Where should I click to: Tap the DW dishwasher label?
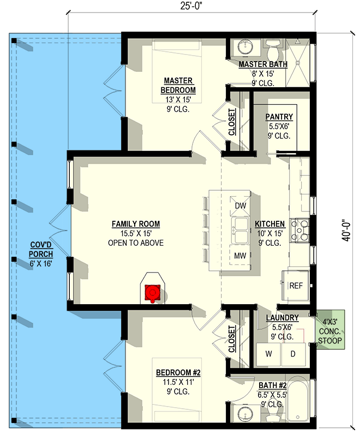coord(239,205)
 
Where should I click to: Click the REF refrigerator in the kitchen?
coord(295,286)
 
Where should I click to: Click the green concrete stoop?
coord(331,330)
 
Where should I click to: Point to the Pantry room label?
coord(279,117)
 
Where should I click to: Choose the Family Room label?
coord(136,223)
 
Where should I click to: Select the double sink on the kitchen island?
coord(240,231)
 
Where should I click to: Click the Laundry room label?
coord(282,318)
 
